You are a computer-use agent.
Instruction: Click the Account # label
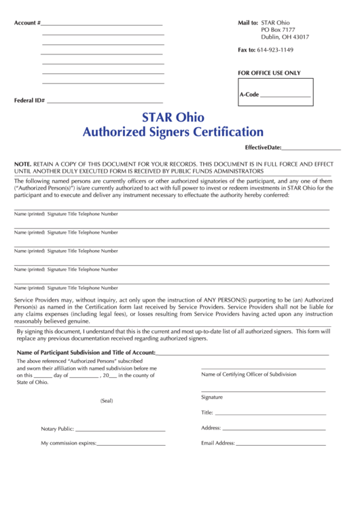click(x=27, y=23)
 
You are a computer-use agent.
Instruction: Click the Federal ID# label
click(x=29, y=101)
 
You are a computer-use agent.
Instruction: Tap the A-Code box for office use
click(x=275, y=94)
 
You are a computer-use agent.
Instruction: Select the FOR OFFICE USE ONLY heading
click(x=268, y=73)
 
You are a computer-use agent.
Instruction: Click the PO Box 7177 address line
click(x=278, y=30)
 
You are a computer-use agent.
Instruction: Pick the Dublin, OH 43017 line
click(x=285, y=37)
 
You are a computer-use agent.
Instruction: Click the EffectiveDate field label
click(x=262, y=147)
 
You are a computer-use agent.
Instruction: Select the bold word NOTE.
click(x=22, y=164)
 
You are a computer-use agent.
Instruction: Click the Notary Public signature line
click(x=120, y=429)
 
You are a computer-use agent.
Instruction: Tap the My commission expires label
click(x=68, y=443)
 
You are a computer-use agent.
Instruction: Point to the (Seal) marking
click(x=107, y=401)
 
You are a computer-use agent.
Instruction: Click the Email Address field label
click(x=217, y=443)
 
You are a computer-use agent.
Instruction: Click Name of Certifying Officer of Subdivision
click(x=249, y=374)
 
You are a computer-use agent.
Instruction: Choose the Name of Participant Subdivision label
click(x=86, y=353)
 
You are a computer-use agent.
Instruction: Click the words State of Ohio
click(x=33, y=382)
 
